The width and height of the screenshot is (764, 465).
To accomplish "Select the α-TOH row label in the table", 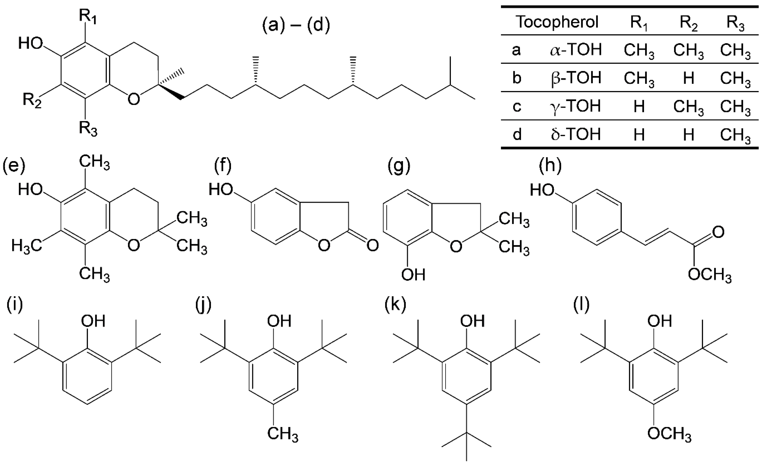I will coord(576,50).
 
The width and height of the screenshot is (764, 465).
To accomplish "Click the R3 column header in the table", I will coord(735,23).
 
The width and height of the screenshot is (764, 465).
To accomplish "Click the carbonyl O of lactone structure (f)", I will coord(372,245).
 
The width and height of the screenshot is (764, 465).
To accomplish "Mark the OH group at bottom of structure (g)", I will coord(413,275).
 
